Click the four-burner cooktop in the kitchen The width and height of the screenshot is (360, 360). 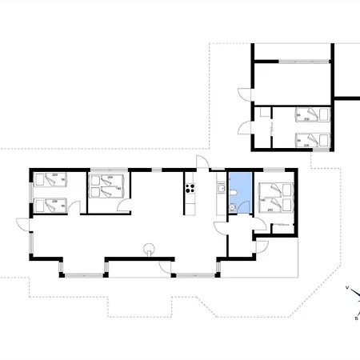coord(190,189)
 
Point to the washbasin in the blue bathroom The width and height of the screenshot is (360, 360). coord(229,208)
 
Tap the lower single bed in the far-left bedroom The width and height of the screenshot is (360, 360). coord(50,206)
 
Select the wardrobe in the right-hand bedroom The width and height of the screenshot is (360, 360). coord(282,226)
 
